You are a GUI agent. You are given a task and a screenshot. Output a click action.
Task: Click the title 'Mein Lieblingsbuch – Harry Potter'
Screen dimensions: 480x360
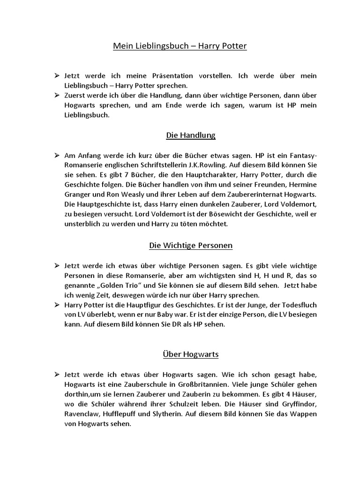click(x=180, y=46)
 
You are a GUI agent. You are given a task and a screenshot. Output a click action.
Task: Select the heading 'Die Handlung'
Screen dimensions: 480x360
click(x=191, y=135)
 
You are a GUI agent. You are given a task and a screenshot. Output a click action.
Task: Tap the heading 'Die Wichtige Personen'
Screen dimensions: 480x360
click(x=191, y=245)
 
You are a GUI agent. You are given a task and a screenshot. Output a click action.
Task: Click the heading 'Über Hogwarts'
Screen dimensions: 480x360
click(x=191, y=354)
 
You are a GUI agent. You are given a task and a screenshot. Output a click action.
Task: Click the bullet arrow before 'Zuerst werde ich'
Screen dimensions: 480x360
click(x=56, y=95)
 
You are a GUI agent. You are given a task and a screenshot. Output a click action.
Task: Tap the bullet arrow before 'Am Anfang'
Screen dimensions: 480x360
click(x=56, y=155)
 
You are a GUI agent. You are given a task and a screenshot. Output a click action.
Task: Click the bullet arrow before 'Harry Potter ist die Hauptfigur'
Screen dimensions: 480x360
click(x=56, y=305)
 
